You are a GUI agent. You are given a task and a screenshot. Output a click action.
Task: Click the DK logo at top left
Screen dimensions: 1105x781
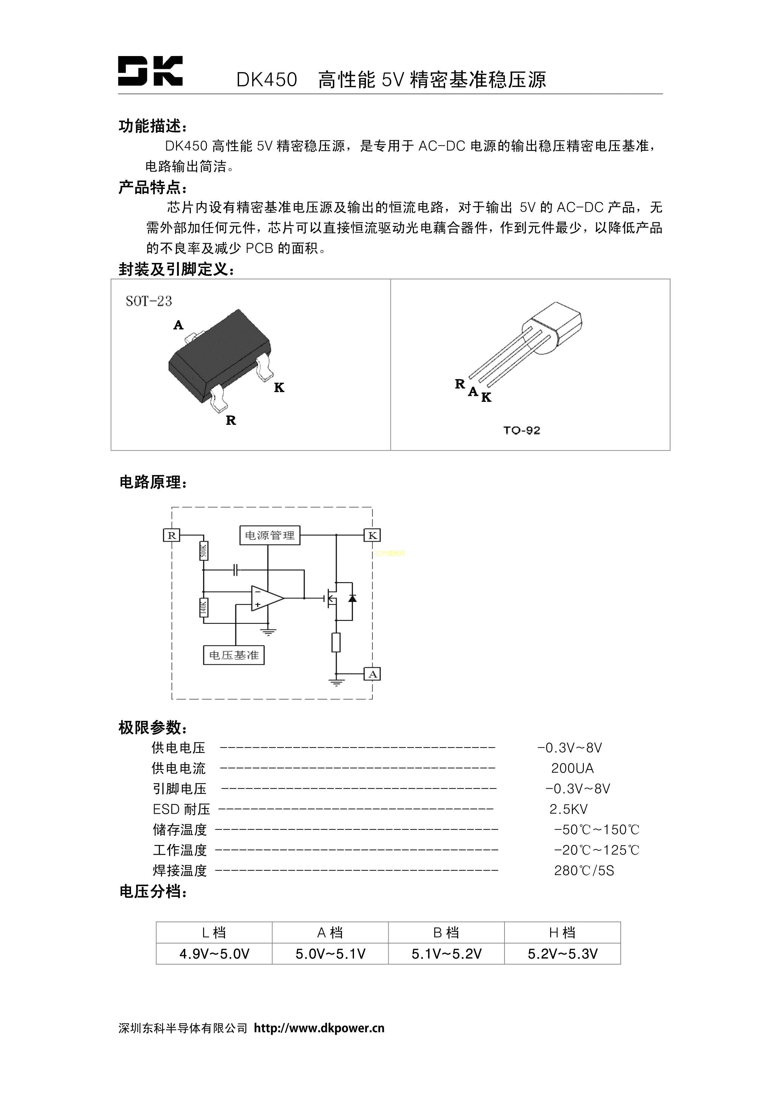click(x=150, y=71)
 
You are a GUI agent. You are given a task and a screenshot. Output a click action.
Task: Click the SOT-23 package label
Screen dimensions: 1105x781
click(x=149, y=301)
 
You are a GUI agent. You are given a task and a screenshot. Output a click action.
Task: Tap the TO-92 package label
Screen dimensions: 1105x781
click(x=522, y=430)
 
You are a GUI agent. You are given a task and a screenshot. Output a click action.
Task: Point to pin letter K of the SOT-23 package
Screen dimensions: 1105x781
click(x=279, y=387)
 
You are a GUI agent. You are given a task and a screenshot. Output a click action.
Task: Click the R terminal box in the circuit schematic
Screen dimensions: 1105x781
click(x=171, y=535)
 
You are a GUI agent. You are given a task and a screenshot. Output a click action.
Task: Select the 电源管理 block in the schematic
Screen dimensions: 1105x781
click(x=270, y=535)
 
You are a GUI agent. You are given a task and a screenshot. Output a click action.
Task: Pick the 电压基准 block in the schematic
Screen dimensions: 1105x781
click(x=234, y=655)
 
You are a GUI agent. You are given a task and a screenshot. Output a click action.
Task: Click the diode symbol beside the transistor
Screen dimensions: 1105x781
click(x=352, y=598)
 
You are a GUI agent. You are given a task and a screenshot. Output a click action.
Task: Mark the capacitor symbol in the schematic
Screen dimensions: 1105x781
click(x=236, y=570)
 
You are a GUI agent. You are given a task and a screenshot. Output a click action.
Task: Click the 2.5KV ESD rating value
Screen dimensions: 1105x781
click(x=568, y=809)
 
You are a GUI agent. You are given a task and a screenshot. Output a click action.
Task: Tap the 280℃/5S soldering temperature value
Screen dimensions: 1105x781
click(x=584, y=871)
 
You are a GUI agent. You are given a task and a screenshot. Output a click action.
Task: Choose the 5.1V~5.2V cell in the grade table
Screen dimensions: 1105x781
click(x=446, y=954)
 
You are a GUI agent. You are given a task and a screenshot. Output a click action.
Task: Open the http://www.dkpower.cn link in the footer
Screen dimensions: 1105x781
click(x=319, y=1028)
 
